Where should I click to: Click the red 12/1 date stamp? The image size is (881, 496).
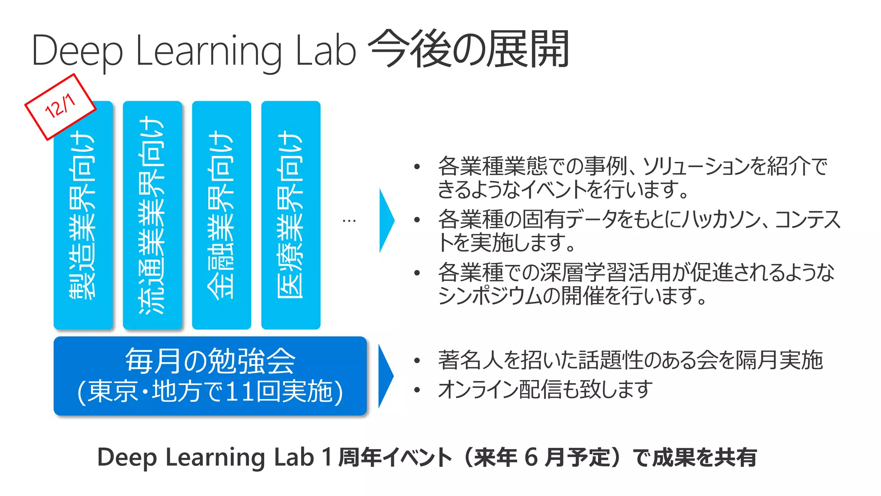coord(60,106)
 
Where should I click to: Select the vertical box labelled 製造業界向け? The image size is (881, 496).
coord(83,215)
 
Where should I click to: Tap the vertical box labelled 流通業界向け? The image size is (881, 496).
coord(152,215)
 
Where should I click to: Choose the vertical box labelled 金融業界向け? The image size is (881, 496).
coord(222,215)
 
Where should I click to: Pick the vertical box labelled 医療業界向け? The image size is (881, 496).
coord(291,215)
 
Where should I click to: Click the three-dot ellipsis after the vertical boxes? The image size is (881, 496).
coord(349,221)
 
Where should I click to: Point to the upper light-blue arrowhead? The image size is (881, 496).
coord(386,220)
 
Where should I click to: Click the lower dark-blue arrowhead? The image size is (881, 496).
coord(385,376)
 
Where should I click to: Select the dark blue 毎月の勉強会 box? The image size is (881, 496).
coord(210,376)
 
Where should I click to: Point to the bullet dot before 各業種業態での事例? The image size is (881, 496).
coord(416,167)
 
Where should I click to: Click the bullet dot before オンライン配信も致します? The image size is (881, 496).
coord(416,391)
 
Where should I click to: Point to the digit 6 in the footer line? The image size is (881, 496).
coord(531,457)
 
